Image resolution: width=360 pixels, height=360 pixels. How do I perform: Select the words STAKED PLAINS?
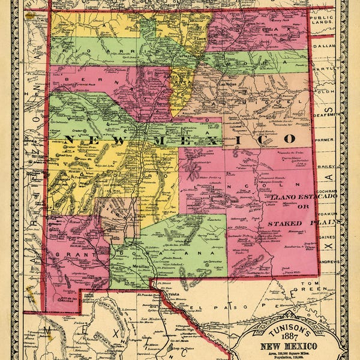[x=294, y=223]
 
